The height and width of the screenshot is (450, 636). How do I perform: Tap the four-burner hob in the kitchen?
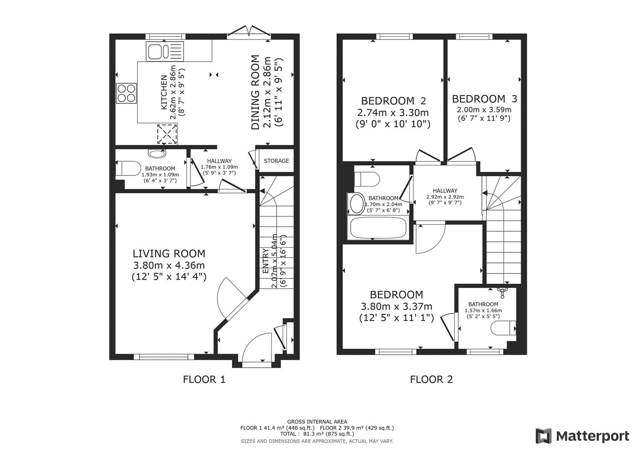[x=127, y=93]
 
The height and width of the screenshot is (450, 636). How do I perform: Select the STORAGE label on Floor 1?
[x=276, y=161]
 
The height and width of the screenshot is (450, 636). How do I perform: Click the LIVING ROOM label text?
[x=169, y=253]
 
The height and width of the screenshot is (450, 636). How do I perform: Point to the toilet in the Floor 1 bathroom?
[x=129, y=169]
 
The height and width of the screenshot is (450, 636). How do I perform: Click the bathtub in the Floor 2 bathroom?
[x=378, y=228]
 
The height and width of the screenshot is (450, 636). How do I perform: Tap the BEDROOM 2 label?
[x=393, y=101]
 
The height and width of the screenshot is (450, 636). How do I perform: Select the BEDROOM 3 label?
[x=484, y=99]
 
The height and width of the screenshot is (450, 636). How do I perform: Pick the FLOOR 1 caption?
[x=204, y=379]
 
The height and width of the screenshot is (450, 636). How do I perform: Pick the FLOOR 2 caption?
[x=431, y=379]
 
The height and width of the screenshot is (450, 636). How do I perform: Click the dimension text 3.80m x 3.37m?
[x=396, y=307]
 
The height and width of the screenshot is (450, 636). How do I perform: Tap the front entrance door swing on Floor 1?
[x=256, y=348]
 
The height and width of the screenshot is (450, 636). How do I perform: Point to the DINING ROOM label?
[x=255, y=92]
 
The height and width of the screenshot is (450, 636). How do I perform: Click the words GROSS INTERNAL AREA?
[x=317, y=422]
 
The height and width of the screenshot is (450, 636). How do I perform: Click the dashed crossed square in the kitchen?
[x=167, y=134]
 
